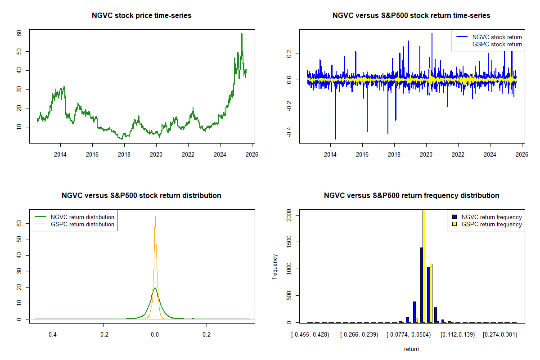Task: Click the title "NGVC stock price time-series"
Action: (x=142, y=16)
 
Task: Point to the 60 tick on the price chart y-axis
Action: (x=19, y=33)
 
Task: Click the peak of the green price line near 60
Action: (x=242, y=34)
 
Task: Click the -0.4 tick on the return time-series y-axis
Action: (x=289, y=132)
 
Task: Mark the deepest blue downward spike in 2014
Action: (x=336, y=138)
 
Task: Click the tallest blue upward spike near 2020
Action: (x=432, y=34)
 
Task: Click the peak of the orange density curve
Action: (x=155, y=216)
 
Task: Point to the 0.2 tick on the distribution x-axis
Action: (x=207, y=335)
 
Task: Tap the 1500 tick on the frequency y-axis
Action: (x=289, y=243)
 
